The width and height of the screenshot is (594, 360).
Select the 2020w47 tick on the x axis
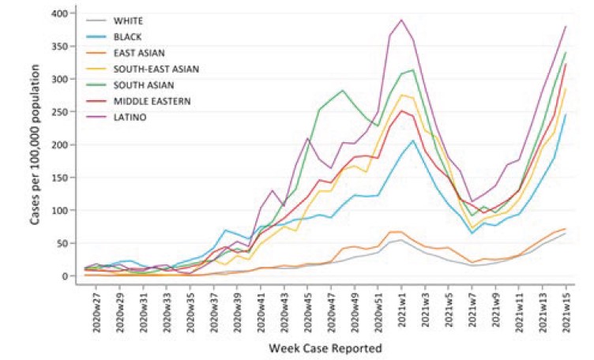(x=329, y=309)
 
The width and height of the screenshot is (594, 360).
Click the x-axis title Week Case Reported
(x=325, y=347)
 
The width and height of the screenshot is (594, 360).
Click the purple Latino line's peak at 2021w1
(x=401, y=20)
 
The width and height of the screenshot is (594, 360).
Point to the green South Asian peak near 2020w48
(x=342, y=90)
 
